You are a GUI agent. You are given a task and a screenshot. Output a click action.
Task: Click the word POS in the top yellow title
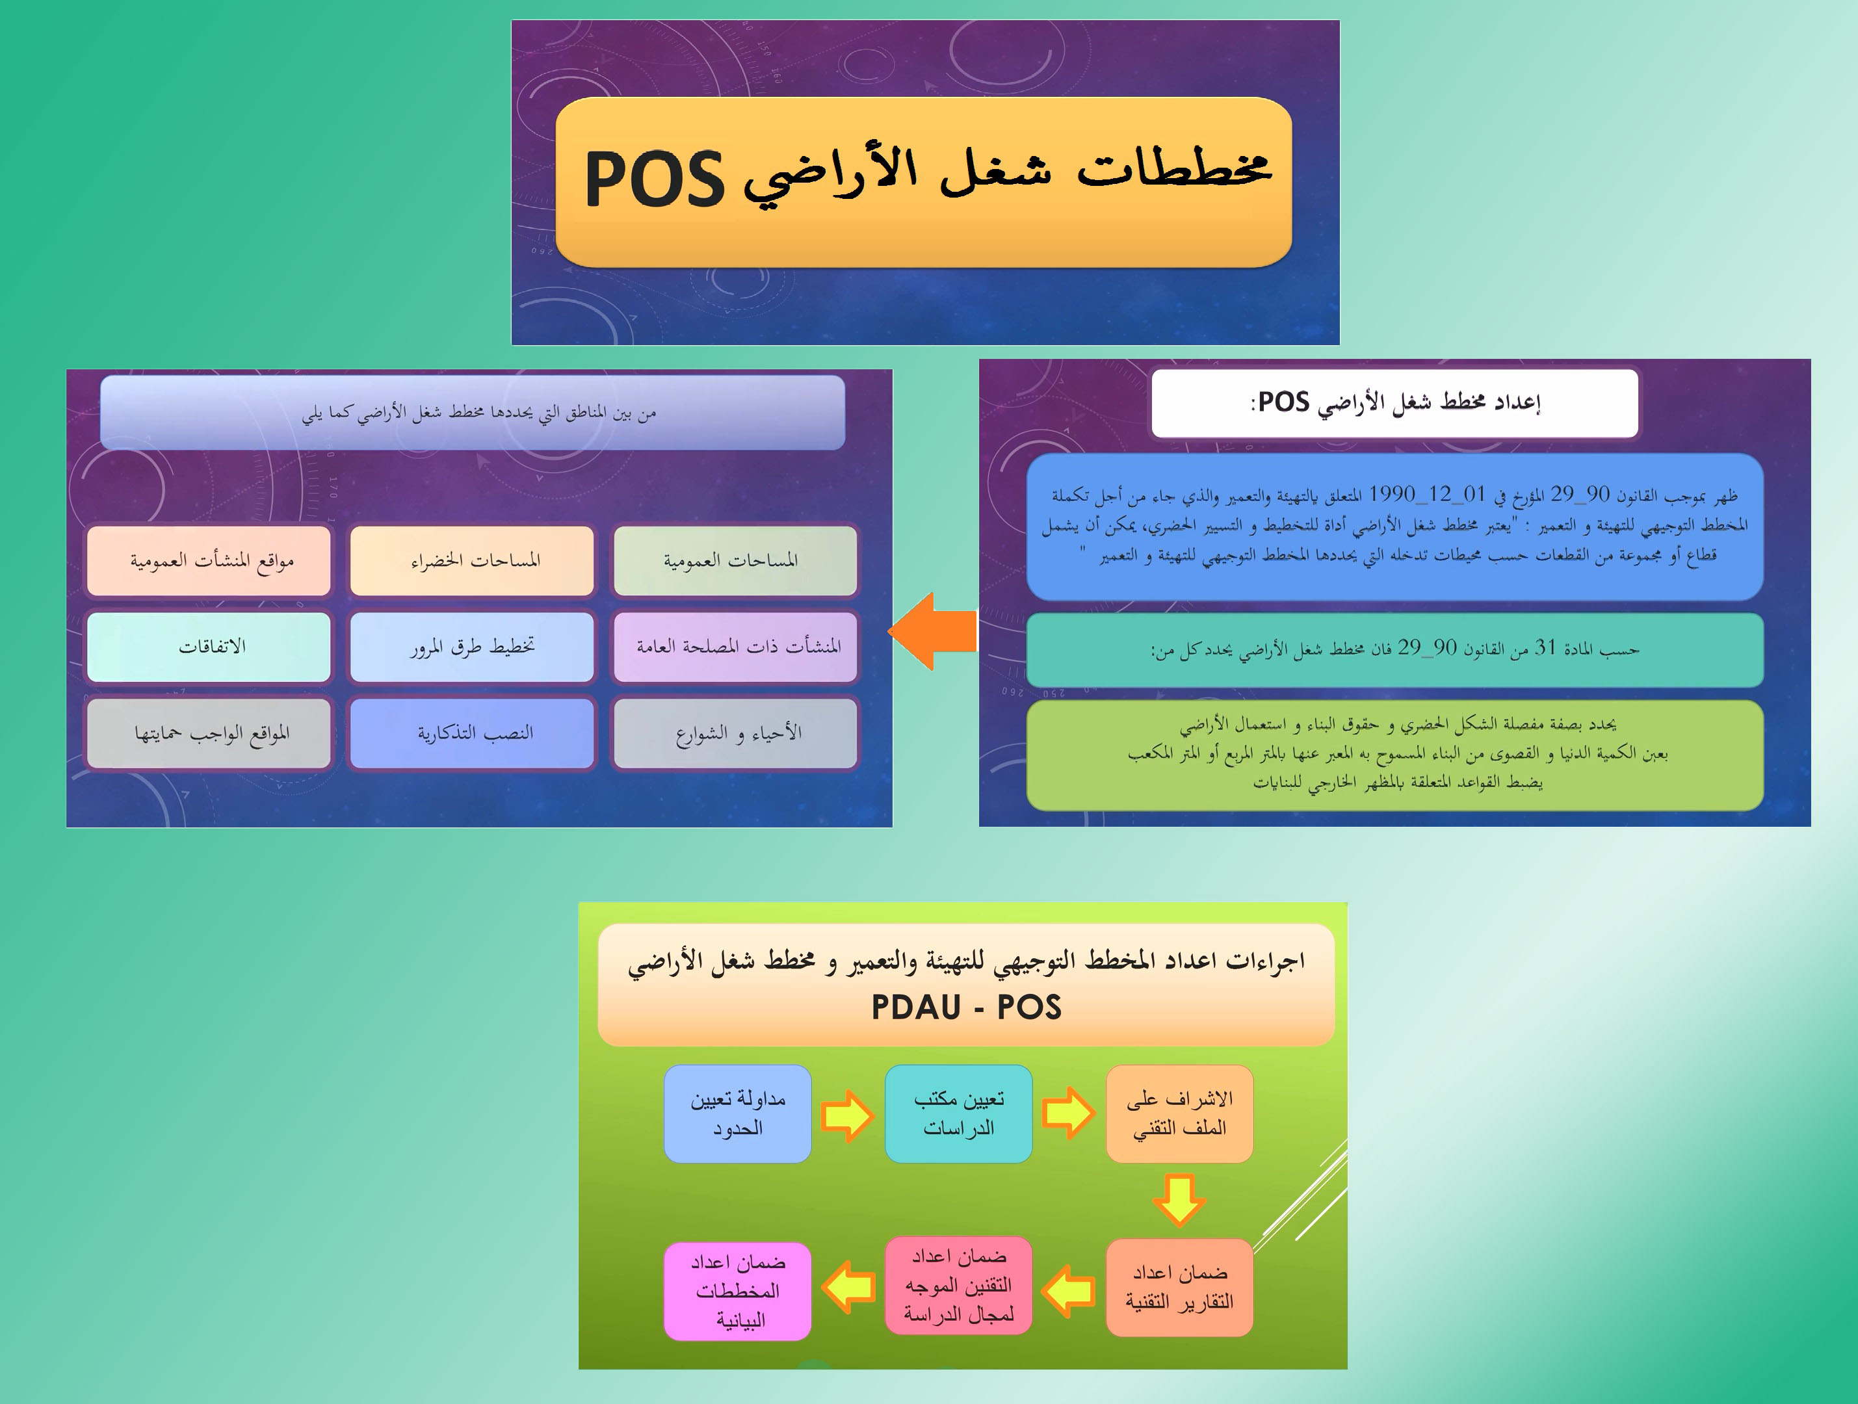click(x=655, y=179)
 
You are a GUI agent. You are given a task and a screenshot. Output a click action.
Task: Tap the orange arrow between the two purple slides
click(x=932, y=630)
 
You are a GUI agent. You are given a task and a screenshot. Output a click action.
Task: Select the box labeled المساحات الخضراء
click(x=472, y=561)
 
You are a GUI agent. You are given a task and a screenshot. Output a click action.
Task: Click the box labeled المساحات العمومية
click(x=735, y=561)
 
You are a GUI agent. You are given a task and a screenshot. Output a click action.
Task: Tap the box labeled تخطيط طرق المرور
click(x=472, y=647)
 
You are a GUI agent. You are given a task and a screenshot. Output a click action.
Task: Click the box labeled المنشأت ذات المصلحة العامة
click(x=735, y=647)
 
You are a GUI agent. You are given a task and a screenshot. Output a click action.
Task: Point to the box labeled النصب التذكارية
click(x=472, y=733)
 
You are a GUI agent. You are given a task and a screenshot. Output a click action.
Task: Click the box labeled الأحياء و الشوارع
click(x=735, y=733)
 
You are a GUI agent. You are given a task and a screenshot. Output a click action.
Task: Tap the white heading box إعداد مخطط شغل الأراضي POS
click(x=1394, y=403)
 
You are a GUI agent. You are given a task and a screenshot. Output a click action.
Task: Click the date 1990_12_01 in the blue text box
click(x=1427, y=494)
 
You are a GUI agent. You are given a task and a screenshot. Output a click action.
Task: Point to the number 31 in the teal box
click(x=1545, y=647)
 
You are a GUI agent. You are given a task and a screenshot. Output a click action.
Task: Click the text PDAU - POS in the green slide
click(x=966, y=1007)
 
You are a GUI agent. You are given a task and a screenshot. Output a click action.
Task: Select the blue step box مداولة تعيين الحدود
click(x=737, y=1113)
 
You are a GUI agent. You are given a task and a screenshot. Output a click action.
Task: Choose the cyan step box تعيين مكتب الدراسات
click(x=958, y=1113)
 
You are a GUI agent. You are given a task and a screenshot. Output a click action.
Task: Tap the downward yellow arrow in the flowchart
click(x=1179, y=1201)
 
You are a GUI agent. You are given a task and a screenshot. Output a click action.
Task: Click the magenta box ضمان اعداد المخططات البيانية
click(x=737, y=1291)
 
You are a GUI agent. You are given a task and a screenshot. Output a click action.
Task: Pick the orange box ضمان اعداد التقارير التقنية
click(x=1179, y=1287)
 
